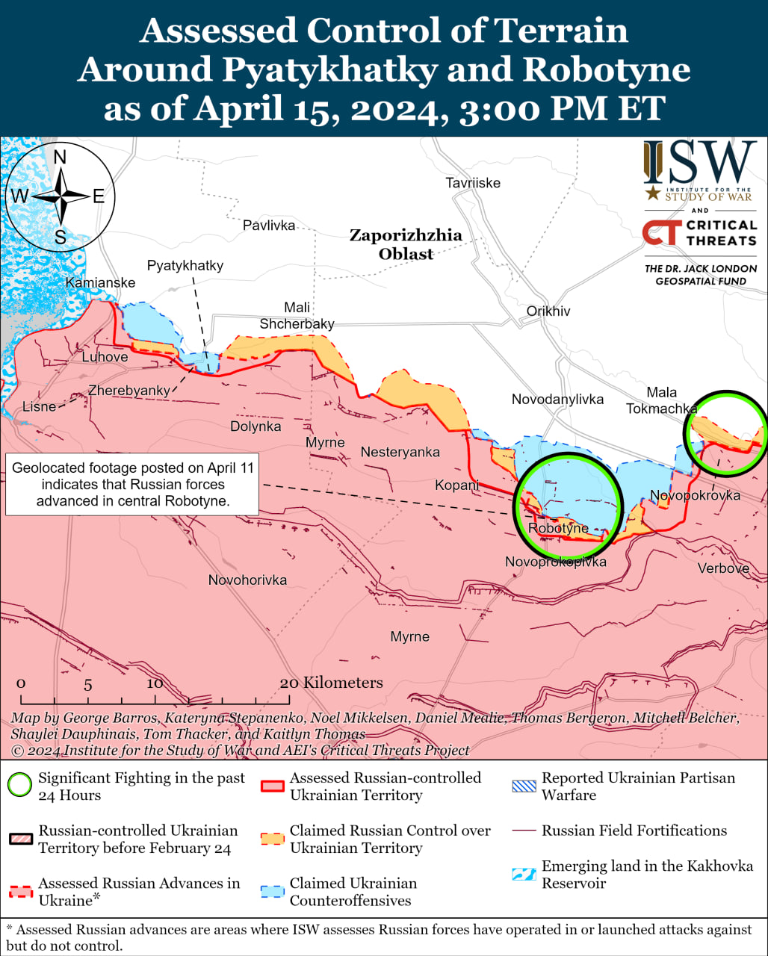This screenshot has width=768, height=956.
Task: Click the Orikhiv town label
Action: point(548,311)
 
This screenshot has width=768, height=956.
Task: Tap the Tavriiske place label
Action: point(473,183)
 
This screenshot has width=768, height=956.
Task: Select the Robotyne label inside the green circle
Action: point(558,528)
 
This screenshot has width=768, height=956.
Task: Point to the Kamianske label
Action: point(100,282)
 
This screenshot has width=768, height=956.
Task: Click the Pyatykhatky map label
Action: point(185,265)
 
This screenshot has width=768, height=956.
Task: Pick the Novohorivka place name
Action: point(247,580)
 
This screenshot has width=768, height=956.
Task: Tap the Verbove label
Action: point(723,568)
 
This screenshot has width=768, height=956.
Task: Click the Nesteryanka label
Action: point(400,452)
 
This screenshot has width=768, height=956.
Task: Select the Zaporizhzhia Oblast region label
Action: point(406,244)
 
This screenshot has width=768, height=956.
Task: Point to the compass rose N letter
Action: point(61,157)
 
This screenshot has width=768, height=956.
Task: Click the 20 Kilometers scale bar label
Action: point(331,683)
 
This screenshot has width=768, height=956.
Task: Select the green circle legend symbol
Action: point(19,785)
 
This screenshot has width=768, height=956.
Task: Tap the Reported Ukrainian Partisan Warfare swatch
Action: point(523,786)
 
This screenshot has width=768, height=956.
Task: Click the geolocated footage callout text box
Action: point(133,484)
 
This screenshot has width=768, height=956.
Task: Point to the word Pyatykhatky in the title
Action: point(330,70)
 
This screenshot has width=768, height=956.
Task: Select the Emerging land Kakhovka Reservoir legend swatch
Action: point(523,874)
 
